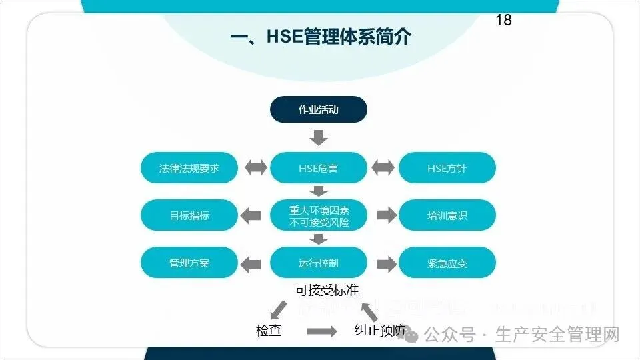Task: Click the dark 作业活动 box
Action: point(318,110)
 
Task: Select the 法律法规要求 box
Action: point(189,168)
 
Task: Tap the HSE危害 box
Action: point(318,168)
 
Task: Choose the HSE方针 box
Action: point(447,168)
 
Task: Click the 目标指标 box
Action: point(189,215)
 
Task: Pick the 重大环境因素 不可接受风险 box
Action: point(318,215)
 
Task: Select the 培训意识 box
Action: point(447,215)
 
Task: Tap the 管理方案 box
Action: point(189,263)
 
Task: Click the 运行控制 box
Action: point(318,263)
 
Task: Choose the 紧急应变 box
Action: point(447,263)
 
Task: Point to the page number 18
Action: point(503,20)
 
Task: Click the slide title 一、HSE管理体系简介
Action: point(320,37)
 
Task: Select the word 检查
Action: point(269,330)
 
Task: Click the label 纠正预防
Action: point(379,330)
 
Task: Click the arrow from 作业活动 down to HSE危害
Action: point(319,138)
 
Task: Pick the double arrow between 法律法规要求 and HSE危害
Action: point(255,168)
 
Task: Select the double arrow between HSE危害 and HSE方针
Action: point(383,168)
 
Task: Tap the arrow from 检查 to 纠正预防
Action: point(321,331)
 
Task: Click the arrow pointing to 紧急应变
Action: point(386,263)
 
